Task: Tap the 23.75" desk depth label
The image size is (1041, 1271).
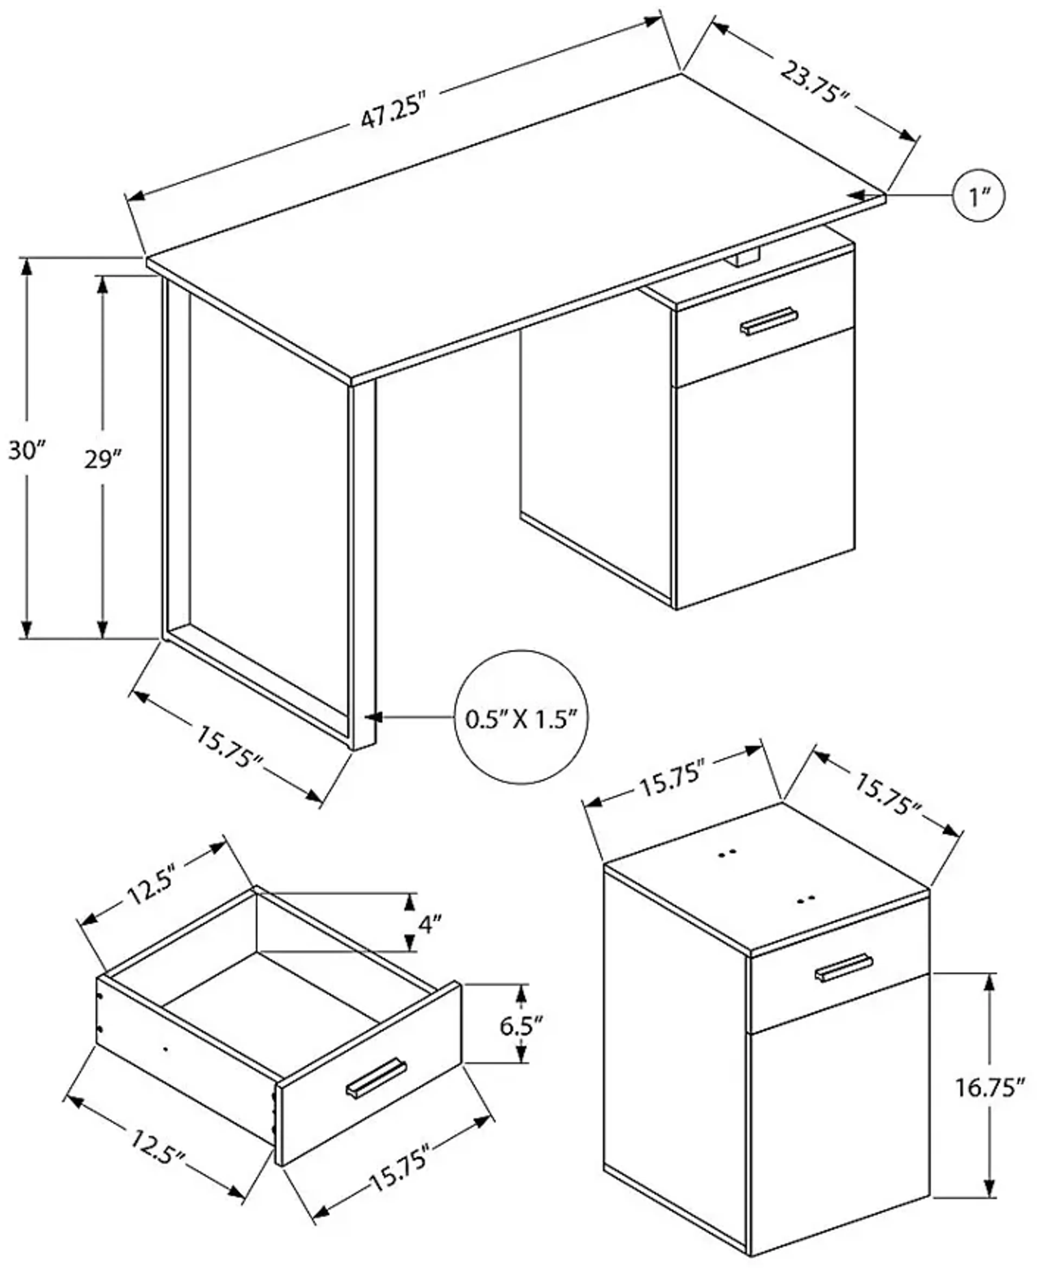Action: tap(815, 81)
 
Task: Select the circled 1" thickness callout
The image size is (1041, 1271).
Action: tap(978, 196)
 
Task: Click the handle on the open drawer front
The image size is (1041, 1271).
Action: tap(376, 1080)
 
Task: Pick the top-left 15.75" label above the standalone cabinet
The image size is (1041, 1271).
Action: tap(671, 785)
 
